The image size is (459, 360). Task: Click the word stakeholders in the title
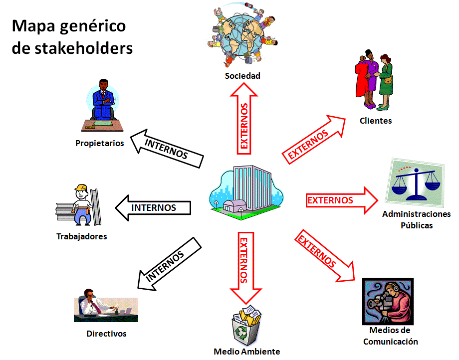coord(84,48)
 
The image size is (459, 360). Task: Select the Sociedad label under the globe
coord(242,76)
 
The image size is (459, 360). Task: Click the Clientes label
coord(376,121)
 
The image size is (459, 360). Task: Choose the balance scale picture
coord(416,182)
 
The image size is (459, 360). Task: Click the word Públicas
coord(417,225)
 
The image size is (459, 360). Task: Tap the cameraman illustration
coord(388,301)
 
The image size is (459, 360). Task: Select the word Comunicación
coord(391,342)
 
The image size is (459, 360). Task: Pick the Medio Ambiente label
coord(247,351)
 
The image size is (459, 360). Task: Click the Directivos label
coord(107,334)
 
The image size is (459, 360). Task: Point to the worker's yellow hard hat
coord(81,187)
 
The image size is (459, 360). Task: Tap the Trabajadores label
coord(82,236)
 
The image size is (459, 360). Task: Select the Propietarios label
coord(100,143)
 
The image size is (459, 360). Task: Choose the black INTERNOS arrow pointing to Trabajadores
coord(153,207)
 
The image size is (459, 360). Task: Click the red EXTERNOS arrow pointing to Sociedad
coord(244,119)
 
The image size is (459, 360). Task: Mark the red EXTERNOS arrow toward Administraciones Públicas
coord(342,200)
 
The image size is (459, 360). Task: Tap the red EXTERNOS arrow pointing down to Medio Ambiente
coord(246,268)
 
